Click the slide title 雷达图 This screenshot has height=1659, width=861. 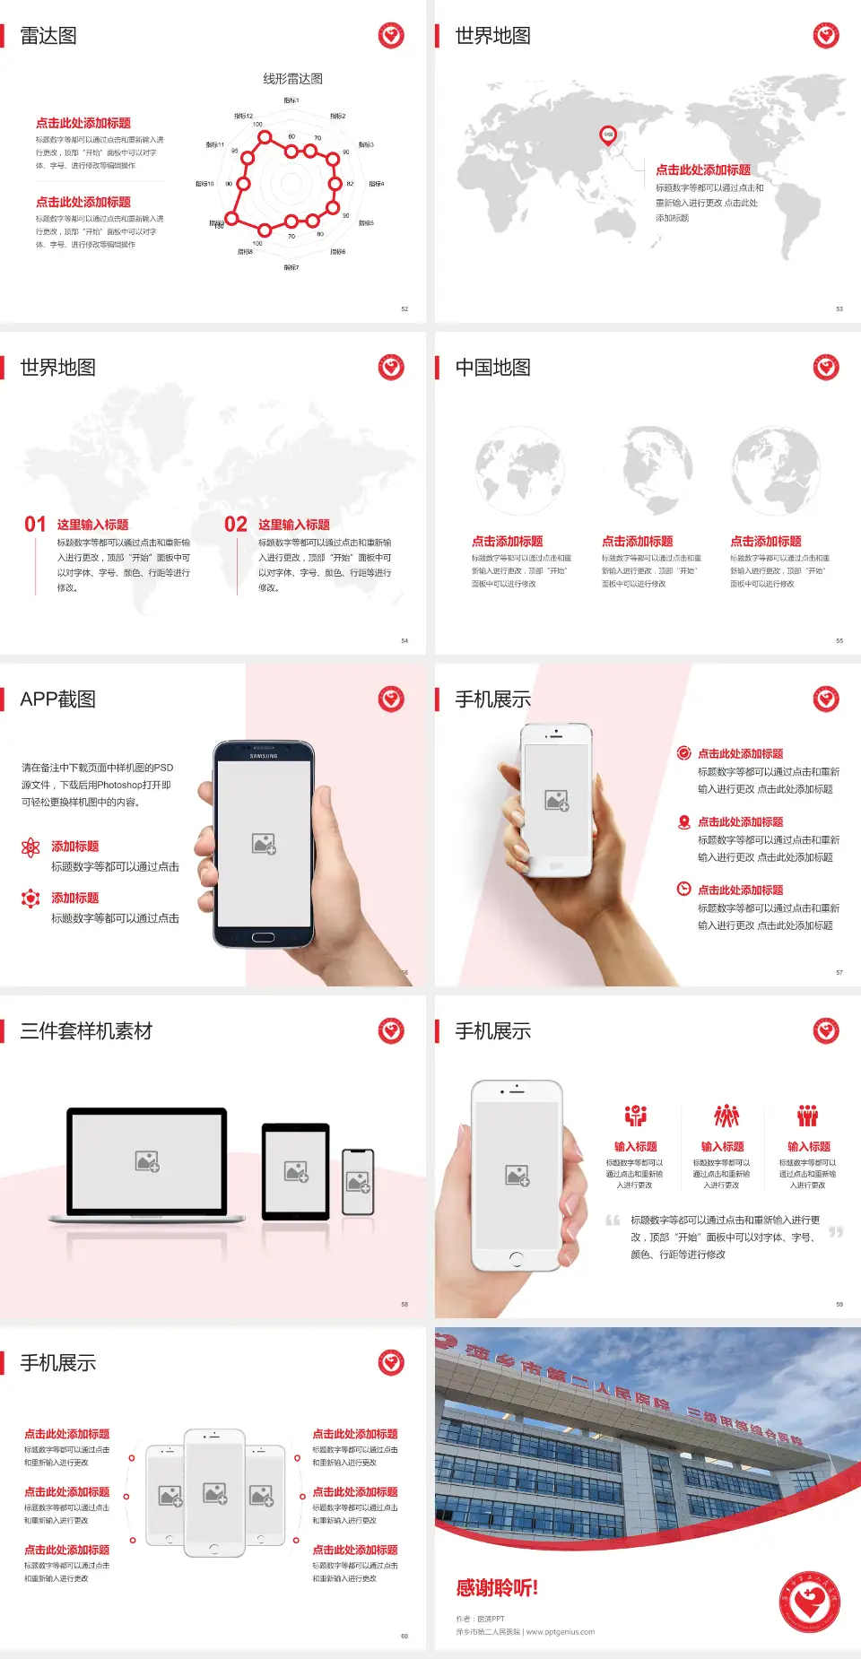[48, 36]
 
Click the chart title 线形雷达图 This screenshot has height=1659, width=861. [292, 79]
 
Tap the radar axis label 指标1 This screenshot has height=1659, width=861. [291, 100]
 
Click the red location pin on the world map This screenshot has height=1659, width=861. [607, 135]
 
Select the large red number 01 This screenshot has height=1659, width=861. [35, 525]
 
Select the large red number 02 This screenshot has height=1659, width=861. [236, 525]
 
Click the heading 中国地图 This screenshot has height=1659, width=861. [492, 368]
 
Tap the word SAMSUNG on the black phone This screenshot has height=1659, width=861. [264, 756]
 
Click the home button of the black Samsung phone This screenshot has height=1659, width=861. [263, 937]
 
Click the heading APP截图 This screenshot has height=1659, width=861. [58, 699]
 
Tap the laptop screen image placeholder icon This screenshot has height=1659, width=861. [147, 1161]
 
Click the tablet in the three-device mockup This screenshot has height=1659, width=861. [296, 1170]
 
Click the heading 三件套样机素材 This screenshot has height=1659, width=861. [86, 1031]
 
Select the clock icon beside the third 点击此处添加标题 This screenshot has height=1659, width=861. [683, 889]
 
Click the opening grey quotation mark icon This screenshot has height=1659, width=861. [613, 1220]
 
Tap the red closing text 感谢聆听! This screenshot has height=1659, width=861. [497, 1588]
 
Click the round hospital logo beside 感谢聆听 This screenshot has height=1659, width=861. [809, 1601]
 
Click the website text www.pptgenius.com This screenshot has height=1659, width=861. [561, 1632]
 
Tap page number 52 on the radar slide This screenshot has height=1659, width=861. [404, 308]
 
